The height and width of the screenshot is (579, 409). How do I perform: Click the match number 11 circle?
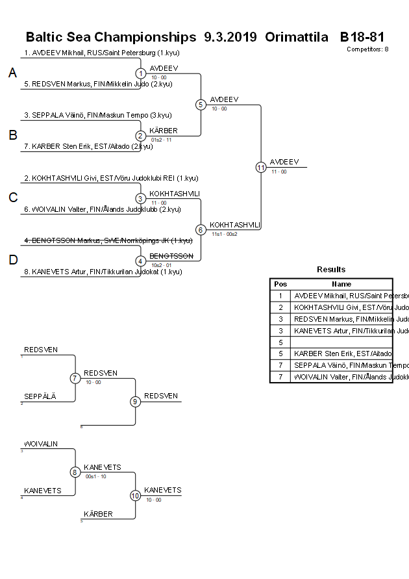tap(261, 167)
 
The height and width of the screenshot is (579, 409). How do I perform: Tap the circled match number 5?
tap(201, 105)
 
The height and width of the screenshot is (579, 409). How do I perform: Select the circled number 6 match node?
tap(201, 230)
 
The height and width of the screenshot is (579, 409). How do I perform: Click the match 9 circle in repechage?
tap(136, 402)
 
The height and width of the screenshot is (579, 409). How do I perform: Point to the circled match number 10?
tap(136, 496)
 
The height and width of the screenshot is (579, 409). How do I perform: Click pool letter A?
tap(12, 73)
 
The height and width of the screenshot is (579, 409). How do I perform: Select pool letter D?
tap(12, 260)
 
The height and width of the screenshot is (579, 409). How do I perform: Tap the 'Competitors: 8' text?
tap(367, 49)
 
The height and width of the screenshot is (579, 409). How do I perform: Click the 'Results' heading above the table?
tap(331, 270)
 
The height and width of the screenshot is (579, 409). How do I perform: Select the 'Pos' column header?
tap(280, 284)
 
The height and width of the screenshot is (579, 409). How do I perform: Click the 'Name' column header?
tap(341, 284)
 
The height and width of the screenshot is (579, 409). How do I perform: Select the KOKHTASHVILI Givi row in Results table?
tap(342, 307)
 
